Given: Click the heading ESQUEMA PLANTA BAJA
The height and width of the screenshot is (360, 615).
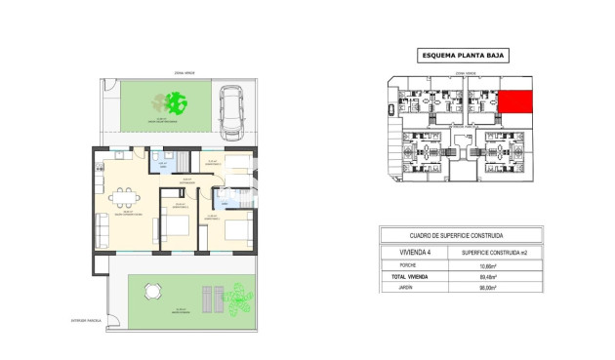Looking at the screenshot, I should pos(457,56).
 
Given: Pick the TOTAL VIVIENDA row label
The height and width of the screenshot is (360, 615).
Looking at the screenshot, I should pos(409,276).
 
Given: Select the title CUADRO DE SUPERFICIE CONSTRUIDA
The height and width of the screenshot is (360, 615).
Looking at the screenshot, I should pos(457,235).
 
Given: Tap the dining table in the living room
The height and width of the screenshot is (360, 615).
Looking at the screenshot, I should pos(124,198).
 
